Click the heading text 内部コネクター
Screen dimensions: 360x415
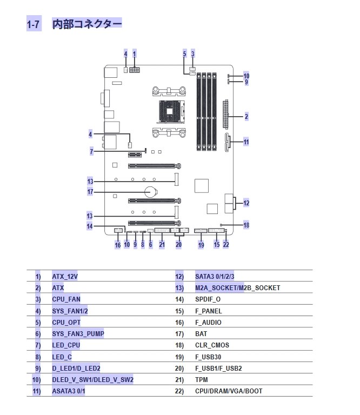pyautogui.click(x=87, y=24)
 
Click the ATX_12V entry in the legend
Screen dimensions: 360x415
pyautogui.click(x=65, y=277)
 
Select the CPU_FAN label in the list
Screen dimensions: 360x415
pyautogui.click(x=66, y=299)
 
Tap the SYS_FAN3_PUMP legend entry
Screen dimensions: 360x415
pyautogui.click(x=78, y=334)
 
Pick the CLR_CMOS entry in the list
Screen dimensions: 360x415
pyautogui.click(x=212, y=345)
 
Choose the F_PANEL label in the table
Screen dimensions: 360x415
pyautogui.click(x=208, y=311)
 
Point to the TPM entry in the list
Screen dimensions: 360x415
pyautogui.click(x=202, y=380)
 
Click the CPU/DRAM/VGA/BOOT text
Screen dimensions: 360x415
pyautogui.click(x=229, y=391)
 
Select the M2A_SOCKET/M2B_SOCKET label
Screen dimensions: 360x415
pyautogui.click(x=237, y=288)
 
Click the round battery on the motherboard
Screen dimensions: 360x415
pyautogui.click(x=151, y=191)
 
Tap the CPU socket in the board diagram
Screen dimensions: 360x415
pyautogui.click(x=171, y=111)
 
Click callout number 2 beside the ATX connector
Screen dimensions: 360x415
pyautogui.click(x=246, y=117)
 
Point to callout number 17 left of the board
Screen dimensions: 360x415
pyautogui.click(x=90, y=192)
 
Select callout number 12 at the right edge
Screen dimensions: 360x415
pyautogui.click(x=246, y=203)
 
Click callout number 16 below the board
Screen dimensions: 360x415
pyautogui.click(x=118, y=245)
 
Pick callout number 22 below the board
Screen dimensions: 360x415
pyautogui.click(x=226, y=244)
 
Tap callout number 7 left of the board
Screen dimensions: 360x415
pyautogui.click(x=91, y=152)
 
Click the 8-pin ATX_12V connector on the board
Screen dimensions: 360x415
pyautogui.click(x=135, y=70)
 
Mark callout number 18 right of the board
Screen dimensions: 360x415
pyautogui.click(x=246, y=225)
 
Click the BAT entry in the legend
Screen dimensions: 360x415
pyautogui.click(x=201, y=334)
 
